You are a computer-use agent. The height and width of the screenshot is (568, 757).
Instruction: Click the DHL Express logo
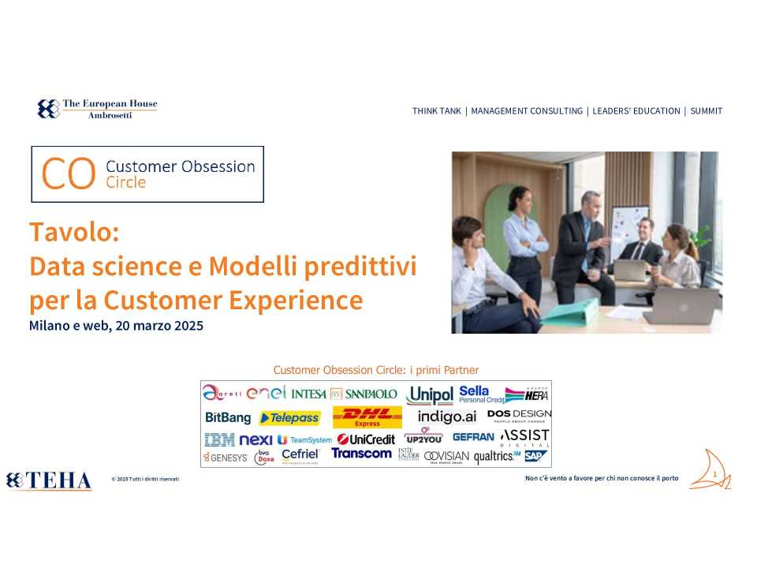(367, 417)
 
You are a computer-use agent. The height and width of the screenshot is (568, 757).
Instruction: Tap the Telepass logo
(289, 417)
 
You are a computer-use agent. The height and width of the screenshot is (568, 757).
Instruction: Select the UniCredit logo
(366, 439)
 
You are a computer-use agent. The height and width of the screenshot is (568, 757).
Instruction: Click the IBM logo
(219, 439)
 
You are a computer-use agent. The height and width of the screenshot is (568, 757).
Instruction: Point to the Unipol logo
(430, 394)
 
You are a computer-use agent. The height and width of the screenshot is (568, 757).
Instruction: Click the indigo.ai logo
(447, 417)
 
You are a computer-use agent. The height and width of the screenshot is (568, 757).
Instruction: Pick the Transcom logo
(361, 454)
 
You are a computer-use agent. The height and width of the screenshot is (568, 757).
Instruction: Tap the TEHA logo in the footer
(49, 480)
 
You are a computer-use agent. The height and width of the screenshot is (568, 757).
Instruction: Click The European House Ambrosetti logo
(98, 109)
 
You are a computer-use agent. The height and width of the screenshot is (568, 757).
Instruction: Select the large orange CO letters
(69, 174)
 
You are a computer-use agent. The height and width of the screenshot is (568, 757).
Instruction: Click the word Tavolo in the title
(73, 233)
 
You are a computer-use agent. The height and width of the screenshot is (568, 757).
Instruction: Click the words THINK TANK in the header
(436, 111)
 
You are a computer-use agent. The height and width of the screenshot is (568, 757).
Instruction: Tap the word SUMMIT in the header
(706, 111)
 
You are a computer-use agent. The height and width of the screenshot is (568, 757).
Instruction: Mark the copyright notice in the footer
(145, 479)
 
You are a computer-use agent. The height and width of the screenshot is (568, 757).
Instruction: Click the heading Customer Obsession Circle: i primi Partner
(375, 370)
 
